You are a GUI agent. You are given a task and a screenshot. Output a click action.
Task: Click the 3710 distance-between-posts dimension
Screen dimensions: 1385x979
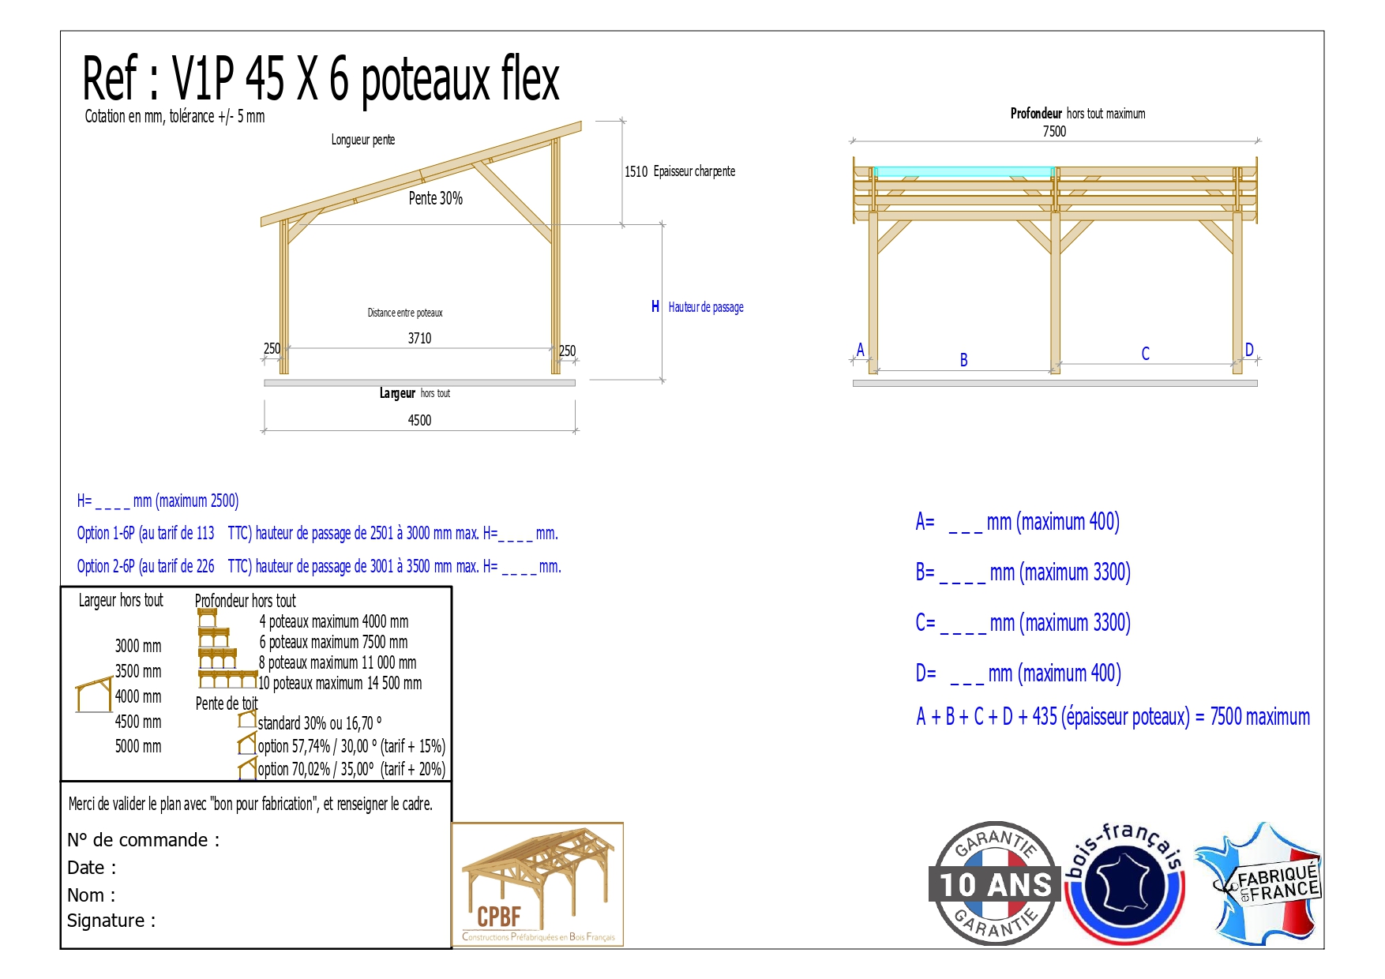tap(419, 339)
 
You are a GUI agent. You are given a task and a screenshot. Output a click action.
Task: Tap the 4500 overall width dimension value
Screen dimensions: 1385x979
tap(419, 421)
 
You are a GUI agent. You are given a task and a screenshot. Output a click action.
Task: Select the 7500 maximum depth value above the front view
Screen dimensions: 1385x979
tap(1054, 132)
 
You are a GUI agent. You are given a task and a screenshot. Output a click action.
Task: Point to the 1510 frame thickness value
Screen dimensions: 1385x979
tap(636, 172)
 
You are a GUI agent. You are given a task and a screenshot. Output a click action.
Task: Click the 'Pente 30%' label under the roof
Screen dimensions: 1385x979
tap(436, 198)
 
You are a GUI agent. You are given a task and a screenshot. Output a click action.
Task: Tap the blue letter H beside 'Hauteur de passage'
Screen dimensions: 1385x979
tap(655, 306)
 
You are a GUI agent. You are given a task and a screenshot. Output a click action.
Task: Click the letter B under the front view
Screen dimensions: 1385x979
tap(963, 360)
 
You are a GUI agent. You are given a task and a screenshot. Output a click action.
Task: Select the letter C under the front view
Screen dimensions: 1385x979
tap(1145, 354)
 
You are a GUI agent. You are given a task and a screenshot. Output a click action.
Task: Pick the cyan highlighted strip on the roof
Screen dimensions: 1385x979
tap(964, 171)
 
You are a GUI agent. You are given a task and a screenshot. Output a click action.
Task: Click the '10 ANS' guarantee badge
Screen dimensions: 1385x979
tap(995, 883)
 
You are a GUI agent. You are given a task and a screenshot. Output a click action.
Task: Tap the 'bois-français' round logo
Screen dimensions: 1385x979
tap(1124, 883)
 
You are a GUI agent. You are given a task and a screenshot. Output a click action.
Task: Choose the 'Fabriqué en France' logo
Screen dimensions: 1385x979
tap(1260, 883)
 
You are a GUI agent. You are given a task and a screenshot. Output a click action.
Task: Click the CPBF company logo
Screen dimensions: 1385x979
tap(538, 884)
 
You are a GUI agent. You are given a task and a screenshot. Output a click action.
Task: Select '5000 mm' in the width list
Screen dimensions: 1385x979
tap(138, 747)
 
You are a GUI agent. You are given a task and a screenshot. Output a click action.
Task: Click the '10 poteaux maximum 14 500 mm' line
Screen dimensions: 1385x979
tap(340, 684)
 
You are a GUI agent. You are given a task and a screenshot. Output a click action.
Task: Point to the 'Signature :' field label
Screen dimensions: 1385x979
tap(111, 921)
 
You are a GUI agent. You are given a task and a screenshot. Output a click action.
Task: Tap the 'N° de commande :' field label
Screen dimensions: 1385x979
tap(144, 840)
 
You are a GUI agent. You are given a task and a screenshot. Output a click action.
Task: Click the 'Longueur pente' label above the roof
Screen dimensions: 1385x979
tap(363, 140)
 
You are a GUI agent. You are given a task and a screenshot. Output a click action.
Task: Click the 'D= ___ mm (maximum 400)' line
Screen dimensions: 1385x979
tap(1019, 673)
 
